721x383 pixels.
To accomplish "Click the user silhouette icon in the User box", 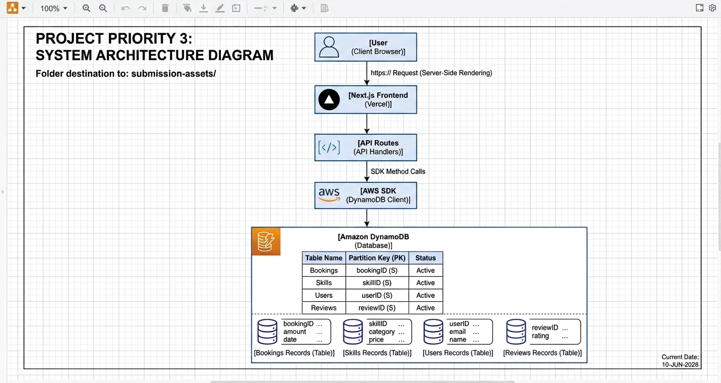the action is [x=328, y=47].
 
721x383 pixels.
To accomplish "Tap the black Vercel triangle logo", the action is [x=329, y=99].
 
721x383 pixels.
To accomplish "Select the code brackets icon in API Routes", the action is [x=328, y=148].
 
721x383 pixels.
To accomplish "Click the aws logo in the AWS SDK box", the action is [x=329, y=195].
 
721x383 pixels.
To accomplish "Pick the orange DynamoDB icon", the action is [x=266, y=242].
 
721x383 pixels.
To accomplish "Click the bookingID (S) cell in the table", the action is [x=377, y=270].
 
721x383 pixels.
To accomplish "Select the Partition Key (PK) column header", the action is [x=377, y=258].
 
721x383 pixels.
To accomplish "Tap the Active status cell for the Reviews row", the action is [x=425, y=308].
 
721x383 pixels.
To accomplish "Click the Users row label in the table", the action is [x=324, y=295].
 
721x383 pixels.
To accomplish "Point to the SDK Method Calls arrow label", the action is [x=398, y=171].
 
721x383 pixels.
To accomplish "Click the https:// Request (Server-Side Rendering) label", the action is [x=431, y=73].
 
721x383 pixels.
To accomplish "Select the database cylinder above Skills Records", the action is [x=353, y=332].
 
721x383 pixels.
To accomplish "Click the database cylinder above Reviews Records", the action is [x=516, y=332].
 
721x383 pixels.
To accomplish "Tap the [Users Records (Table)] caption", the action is [x=458, y=353].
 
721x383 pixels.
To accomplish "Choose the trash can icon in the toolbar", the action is [x=165, y=8].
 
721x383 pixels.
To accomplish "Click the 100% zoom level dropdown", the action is [x=54, y=8].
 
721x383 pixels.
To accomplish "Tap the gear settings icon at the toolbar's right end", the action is [x=712, y=8].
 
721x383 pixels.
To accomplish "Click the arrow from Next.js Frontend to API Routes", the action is [x=367, y=124].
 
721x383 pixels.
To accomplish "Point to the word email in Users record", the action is [x=457, y=332].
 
